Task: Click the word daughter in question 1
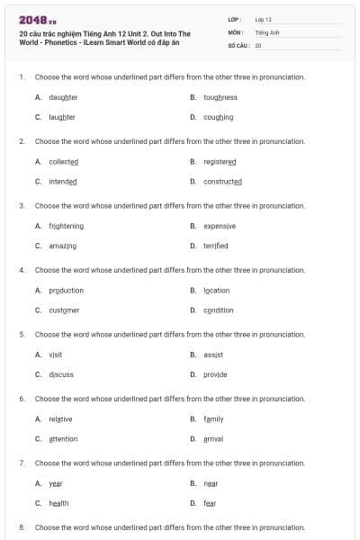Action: [x=63, y=97]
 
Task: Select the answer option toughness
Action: [x=220, y=97]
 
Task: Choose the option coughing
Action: [x=218, y=117]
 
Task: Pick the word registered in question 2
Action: [x=220, y=162]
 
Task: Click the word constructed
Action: [x=222, y=181]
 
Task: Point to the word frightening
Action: [x=67, y=226]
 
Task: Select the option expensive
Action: [x=220, y=226]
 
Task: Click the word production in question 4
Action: [x=67, y=291]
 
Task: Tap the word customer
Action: [x=64, y=310]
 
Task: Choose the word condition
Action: [x=218, y=310]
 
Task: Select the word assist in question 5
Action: [x=212, y=355]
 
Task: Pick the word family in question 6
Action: [x=213, y=418]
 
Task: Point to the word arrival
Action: [x=213, y=439]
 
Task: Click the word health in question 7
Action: [x=58, y=503]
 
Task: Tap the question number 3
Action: [x=22, y=205]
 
